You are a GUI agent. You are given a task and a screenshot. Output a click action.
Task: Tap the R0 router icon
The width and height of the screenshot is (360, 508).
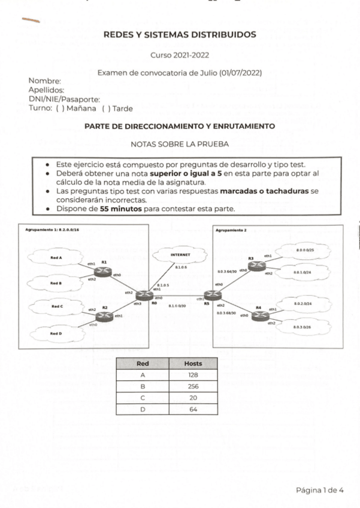tap(144, 295)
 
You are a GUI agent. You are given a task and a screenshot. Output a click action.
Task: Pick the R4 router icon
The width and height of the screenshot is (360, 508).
tap(259, 315)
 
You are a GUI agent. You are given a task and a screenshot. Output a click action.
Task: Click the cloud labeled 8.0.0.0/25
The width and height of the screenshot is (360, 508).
tap(305, 250)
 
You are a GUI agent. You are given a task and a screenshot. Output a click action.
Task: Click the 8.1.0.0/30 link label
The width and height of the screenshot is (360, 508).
tap(177, 306)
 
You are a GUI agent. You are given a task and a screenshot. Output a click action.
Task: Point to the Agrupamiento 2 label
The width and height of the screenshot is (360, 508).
tap(231, 229)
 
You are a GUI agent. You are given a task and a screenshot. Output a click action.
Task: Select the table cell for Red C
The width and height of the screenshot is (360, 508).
tap(143, 398)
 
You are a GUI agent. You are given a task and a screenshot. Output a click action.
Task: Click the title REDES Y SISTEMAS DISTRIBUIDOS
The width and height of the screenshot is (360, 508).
tap(180, 35)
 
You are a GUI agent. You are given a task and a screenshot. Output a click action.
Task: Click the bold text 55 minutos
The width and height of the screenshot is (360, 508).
tap(122, 209)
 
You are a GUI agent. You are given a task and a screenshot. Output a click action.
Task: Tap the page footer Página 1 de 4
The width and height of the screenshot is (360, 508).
tap(319, 490)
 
